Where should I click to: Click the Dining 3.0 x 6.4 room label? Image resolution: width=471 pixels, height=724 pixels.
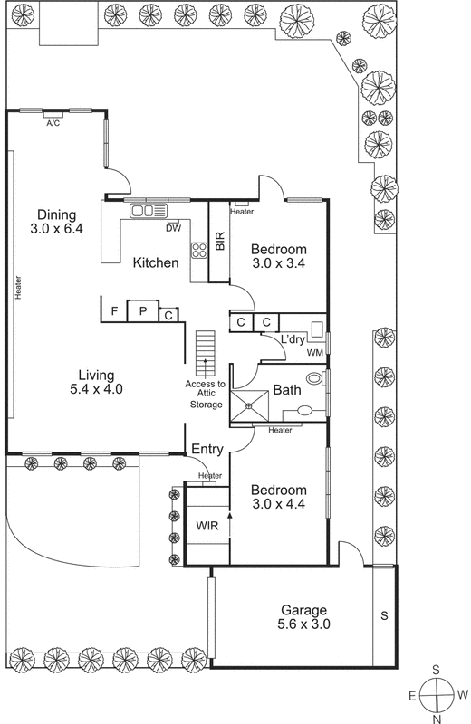click(x=54, y=222)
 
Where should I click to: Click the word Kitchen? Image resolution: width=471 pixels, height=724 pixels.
click(x=156, y=262)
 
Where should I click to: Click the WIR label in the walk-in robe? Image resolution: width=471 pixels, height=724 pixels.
click(x=206, y=524)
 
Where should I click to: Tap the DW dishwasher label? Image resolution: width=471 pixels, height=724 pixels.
click(x=173, y=229)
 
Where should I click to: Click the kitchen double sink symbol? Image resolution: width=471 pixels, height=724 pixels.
click(x=149, y=211)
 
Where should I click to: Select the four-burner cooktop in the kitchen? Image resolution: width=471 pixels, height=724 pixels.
click(x=198, y=250)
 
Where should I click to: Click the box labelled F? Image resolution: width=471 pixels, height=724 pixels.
click(x=114, y=311)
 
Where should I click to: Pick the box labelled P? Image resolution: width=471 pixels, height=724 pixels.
click(x=142, y=311)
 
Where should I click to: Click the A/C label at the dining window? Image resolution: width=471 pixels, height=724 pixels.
click(x=53, y=124)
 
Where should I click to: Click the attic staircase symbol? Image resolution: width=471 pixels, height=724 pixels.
click(x=206, y=348)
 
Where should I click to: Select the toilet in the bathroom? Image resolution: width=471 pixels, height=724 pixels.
click(x=313, y=378)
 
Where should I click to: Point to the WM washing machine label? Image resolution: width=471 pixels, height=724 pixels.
click(x=315, y=352)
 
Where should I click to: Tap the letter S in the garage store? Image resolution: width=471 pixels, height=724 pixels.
click(x=384, y=616)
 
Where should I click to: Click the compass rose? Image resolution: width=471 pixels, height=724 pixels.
click(x=437, y=695)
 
